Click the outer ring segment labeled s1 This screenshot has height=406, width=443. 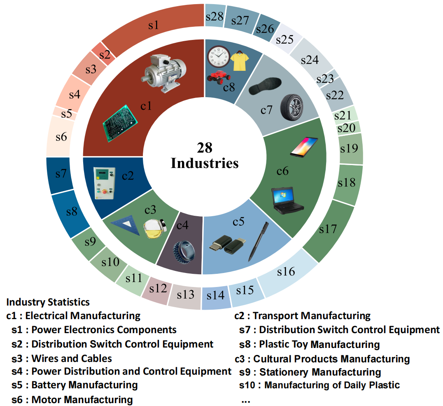coord(153,26)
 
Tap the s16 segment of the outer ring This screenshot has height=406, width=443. coord(286,272)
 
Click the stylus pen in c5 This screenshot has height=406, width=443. coord(259,240)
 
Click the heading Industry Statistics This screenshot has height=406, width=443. coord(48,302)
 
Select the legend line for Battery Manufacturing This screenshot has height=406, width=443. coord(75,385)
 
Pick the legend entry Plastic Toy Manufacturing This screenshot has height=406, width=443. coord(310,344)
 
